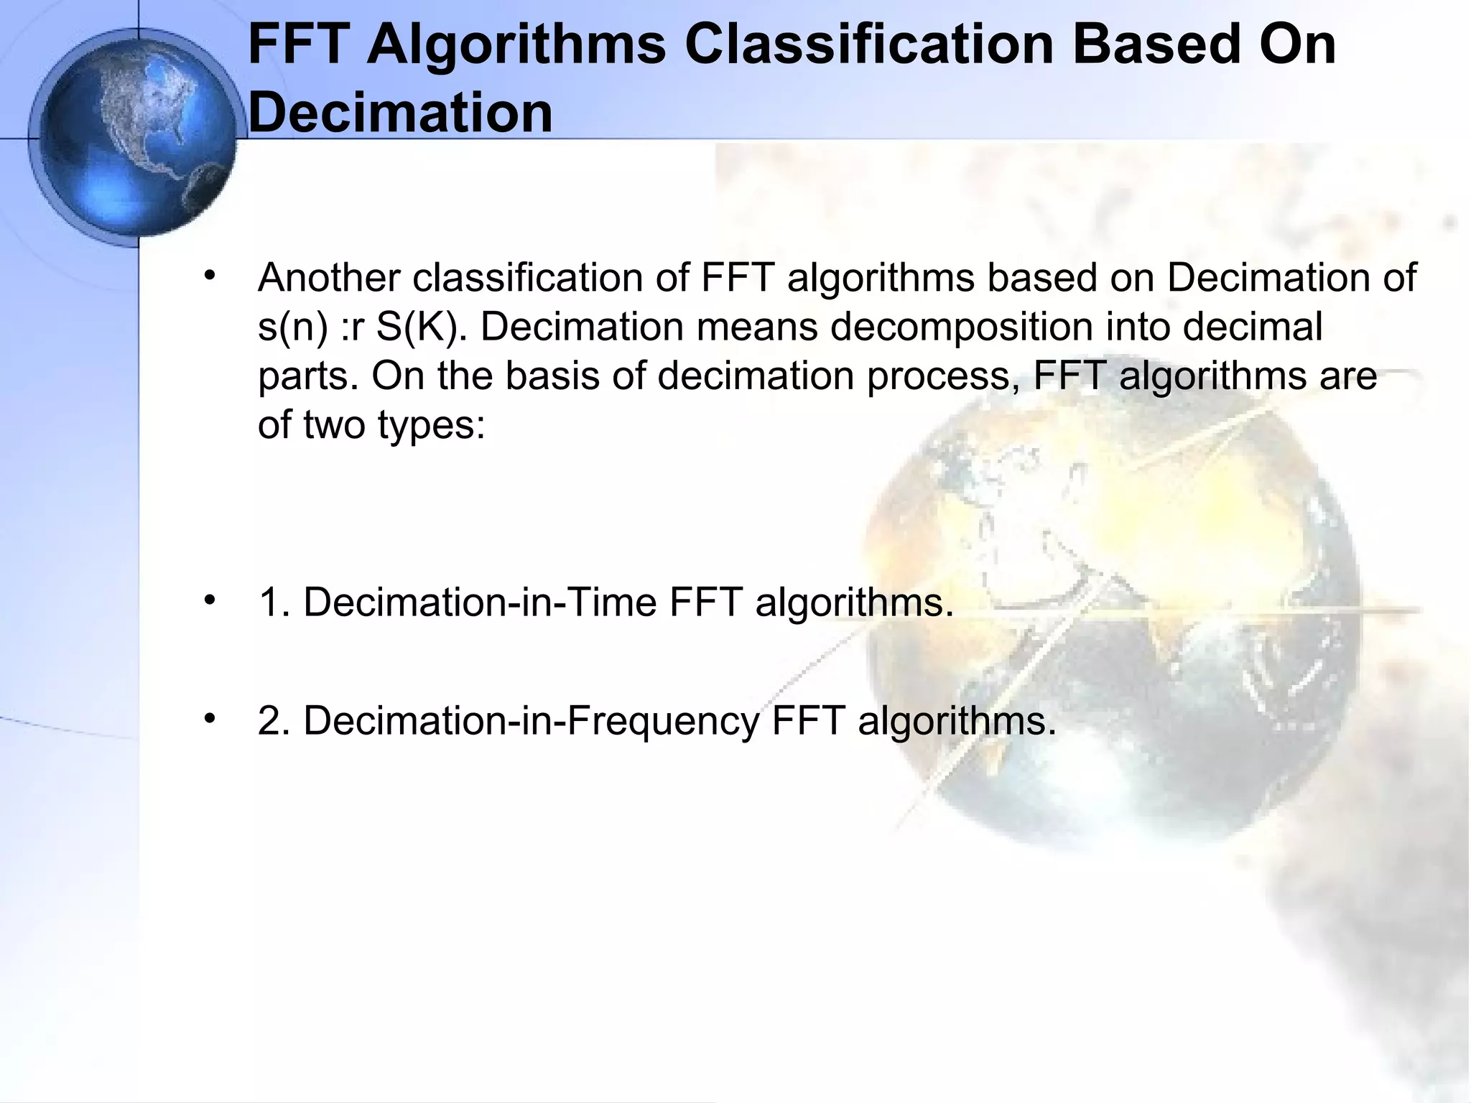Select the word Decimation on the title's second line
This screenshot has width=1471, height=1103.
pos(400,113)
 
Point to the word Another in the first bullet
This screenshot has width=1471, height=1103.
pos(328,278)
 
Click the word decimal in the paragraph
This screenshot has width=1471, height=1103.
pos(1253,327)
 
